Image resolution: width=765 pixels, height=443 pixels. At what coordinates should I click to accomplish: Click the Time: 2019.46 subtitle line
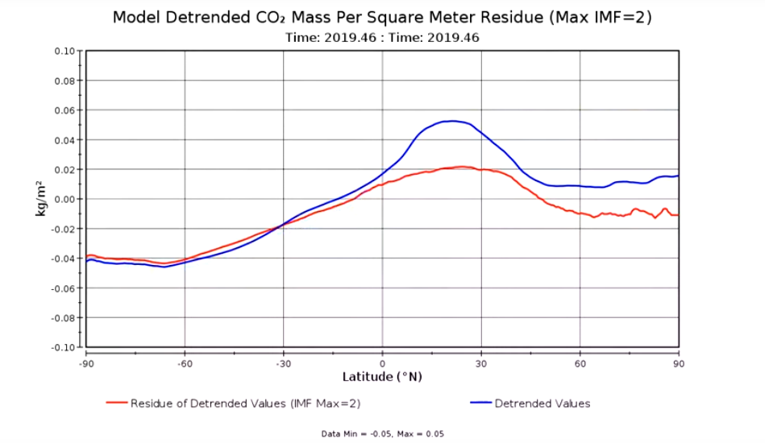tap(383, 37)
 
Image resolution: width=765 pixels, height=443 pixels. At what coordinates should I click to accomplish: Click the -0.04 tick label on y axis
tap(64, 259)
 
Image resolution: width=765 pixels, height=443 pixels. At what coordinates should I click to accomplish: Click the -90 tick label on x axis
tap(85, 364)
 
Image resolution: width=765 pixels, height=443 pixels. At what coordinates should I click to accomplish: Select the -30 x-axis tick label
tap(283, 364)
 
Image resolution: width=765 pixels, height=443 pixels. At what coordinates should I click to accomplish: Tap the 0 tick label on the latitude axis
tap(382, 364)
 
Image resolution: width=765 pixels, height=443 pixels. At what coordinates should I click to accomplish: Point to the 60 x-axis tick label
tap(580, 364)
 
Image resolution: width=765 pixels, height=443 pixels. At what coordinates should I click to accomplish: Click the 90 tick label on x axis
tap(679, 364)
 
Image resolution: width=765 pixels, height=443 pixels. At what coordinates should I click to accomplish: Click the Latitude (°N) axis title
tap(382, 377)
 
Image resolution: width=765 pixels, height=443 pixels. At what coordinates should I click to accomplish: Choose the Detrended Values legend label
tap(542, 404)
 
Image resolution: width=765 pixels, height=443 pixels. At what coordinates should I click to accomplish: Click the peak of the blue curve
tap(453, 121)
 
